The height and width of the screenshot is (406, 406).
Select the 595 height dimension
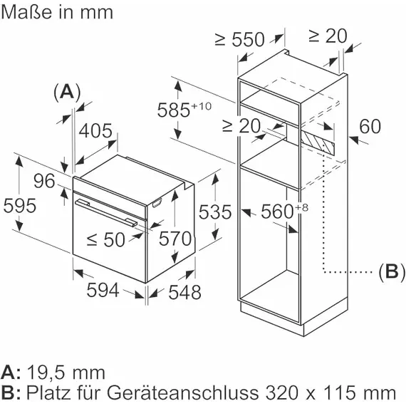(x=19, y=206)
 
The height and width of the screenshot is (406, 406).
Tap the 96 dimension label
(x=44, y=182)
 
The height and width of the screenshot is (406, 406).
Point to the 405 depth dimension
(x=95, y=131)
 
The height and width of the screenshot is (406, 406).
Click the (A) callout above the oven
(x=66, y=92)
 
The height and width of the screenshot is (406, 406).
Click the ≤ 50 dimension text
(x=105, y=240)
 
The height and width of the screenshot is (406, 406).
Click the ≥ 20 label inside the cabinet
(x=241, y=126)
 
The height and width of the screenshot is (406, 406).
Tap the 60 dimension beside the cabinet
(x=370, y=127)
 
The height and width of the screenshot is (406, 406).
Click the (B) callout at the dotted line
(x=390, y=271)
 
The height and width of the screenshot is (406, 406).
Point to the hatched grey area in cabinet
(x=318, y=140)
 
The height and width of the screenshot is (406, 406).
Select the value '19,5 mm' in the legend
(x=66, y=372)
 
